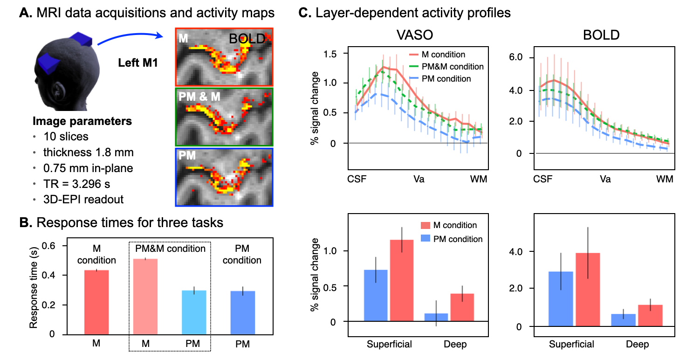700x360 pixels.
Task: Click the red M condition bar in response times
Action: tap(96, 302)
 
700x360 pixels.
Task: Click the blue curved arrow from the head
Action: tap(130, 36)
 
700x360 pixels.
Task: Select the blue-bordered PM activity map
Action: tap(224, 177)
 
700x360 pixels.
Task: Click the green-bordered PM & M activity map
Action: tap(224, 117)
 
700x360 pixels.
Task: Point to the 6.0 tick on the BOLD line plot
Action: tap(521, 57)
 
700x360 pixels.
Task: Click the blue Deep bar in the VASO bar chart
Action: tap(436, 317)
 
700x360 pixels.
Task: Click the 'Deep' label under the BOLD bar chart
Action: tap(637, 345)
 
